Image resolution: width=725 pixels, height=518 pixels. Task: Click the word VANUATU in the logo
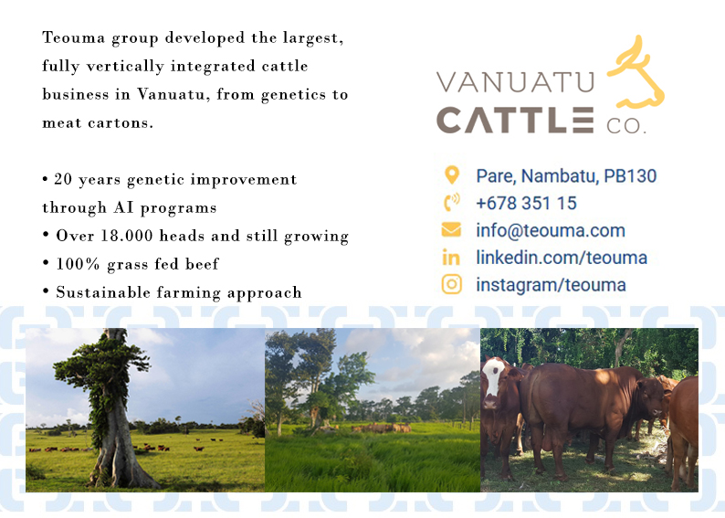coord(515,82)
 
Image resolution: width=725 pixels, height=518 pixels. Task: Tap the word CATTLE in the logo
coord(515,120)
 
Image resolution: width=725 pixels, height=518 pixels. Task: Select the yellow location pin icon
coord(451,175)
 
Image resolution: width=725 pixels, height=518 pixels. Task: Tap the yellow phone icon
coord(451,203)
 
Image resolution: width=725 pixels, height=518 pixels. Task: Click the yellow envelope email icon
coord(451,230)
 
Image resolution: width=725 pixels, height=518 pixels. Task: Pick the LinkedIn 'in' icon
coord(451,258)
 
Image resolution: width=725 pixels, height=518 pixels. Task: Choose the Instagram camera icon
coord(451,285)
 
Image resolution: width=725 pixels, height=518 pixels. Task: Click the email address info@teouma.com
coord(550,230)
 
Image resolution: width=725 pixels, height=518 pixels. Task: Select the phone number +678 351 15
coord(526,203)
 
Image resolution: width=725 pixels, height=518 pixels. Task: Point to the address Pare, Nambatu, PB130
coord(566,175)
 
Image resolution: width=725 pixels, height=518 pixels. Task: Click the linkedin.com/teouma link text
coord(561,258)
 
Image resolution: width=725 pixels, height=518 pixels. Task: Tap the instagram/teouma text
coord(551,285)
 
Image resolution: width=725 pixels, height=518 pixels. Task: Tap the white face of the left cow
coord(493,380)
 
